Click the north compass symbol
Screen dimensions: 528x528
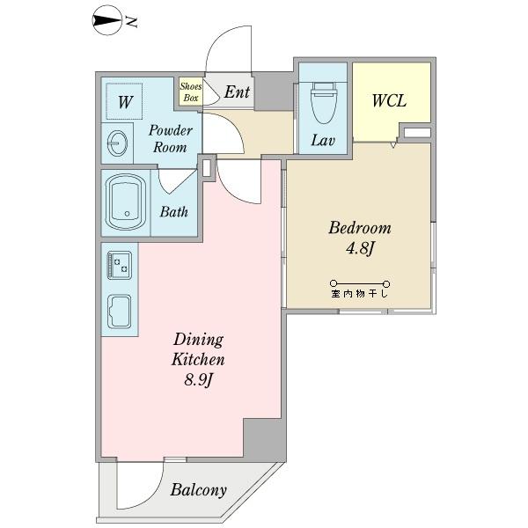tap(106, 21)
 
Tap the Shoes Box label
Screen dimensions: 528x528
tap(191, 92)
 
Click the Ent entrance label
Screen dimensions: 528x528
tap(237, 92)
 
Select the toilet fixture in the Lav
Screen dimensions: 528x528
tap(324, 103)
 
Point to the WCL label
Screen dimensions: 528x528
tap(389, 100)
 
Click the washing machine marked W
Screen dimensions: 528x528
tap(124, 101)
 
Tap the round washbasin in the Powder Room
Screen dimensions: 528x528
tap(118, 143)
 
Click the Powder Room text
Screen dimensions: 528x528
tap(171, 139)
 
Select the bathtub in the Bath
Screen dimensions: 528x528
tap(125, 202)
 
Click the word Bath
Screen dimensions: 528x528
tap(173, 212)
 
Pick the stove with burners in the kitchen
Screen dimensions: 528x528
tap(119, 265)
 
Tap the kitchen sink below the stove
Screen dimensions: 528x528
tap(119, 312)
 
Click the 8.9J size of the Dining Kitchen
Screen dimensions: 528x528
tap(199, 381)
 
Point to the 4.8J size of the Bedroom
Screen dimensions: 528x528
tap(360, 249)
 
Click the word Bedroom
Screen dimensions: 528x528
tap(360, 228)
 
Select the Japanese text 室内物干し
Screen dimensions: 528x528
tap(360, 294)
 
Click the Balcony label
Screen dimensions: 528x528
tap(198, 490)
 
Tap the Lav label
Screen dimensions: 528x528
tap(323, 140)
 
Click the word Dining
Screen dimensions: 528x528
tap(198, 340)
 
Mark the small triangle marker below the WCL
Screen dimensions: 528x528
tap(393, 145)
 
